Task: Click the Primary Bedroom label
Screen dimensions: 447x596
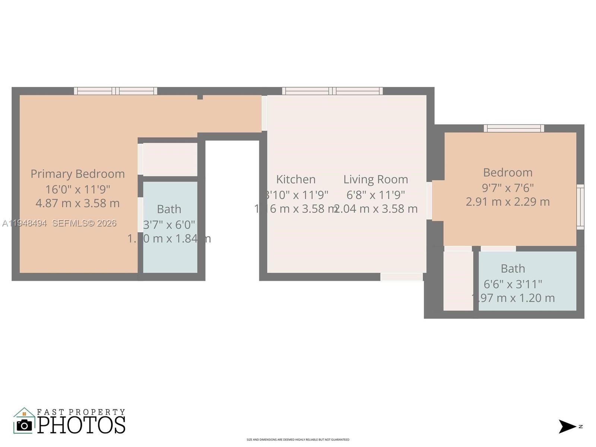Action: tap(77, 174)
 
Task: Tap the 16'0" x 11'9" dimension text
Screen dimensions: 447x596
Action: tap(77, 189)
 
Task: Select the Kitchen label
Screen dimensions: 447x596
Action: tap(296, 180)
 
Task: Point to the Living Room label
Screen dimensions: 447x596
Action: tap(375, 180)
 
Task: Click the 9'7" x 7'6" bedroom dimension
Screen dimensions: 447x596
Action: tap(508, 188)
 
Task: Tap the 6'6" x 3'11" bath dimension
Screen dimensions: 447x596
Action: tap(513, 284)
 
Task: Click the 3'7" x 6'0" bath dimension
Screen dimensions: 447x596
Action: tap(169, 225)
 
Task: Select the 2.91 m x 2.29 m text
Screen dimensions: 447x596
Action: tap(508, 202)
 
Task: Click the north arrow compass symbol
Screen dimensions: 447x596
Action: tap(567, 427)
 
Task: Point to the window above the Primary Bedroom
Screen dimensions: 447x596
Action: tap(115, 91)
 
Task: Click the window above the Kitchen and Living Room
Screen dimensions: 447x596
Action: tap(332, 91)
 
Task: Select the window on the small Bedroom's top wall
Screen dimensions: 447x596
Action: tap(514, 129)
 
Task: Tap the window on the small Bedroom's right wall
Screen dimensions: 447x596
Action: tap(580, 207)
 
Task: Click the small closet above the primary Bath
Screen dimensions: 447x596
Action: tap(170, 159)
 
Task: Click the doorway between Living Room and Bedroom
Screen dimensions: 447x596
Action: tap(429, 200)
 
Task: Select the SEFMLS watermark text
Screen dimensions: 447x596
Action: tap(84, 223)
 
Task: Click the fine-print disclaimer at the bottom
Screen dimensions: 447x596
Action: tap(298, 440)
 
